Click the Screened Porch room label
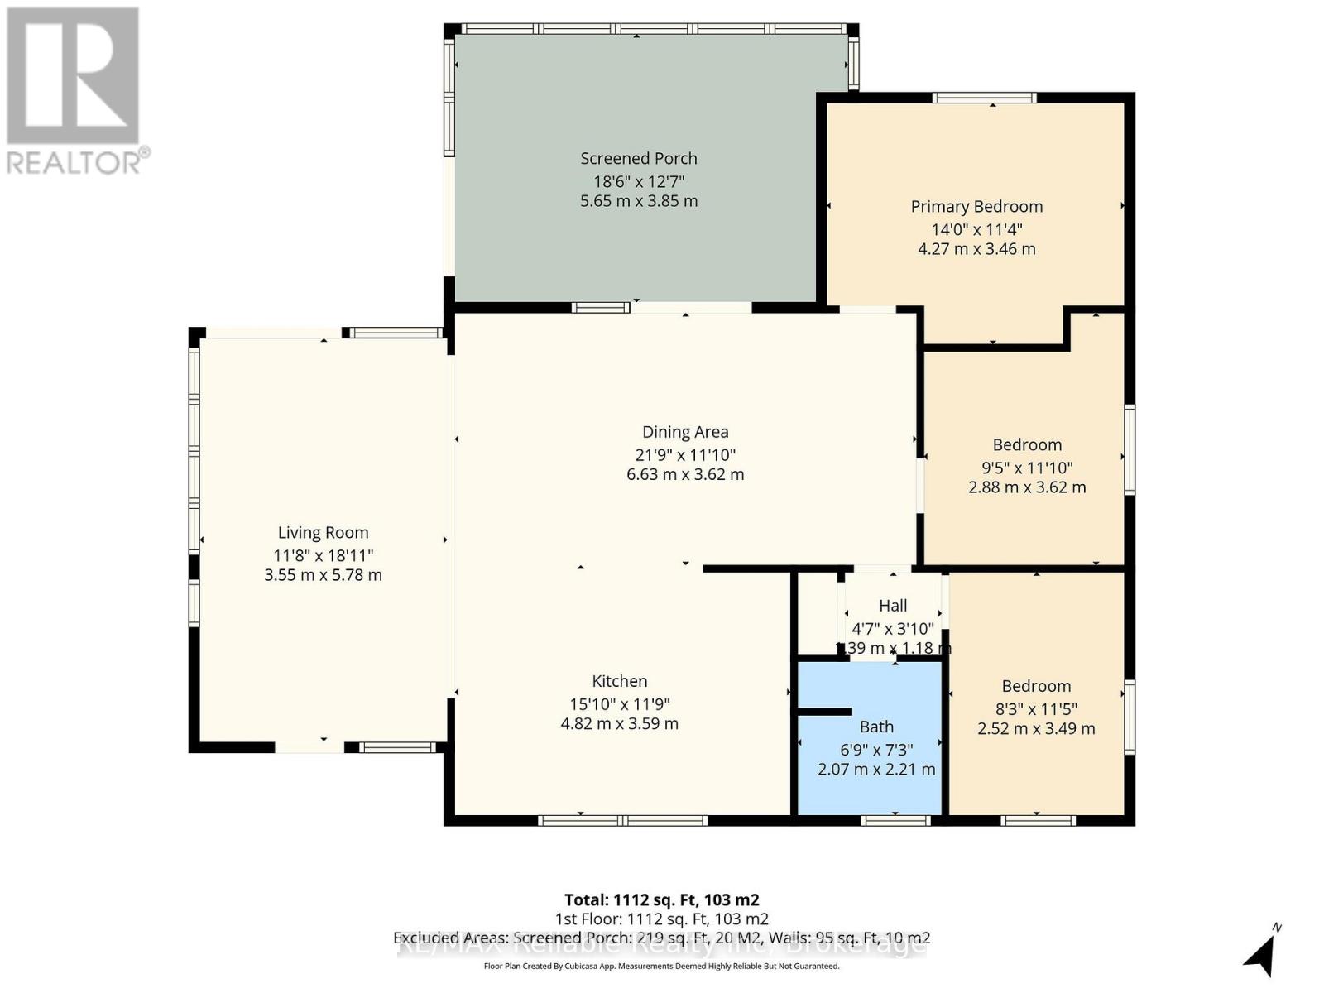tap(638, 158)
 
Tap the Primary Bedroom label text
tap(976, 206)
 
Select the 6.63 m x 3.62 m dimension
tap(685, 474)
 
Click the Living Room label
tap(323, 533)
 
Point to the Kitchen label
tap(619, 681)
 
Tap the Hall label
tap(893, 606)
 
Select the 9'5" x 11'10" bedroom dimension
tap(1027, 468)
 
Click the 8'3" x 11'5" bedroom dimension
tap(1036, 709)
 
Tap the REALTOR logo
tap(74, 91)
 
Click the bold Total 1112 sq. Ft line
tap(661, 899)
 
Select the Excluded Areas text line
tap(661, 938)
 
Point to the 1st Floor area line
tap(661, 919)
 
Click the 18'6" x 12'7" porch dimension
tap(638, 181)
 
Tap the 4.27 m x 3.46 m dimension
tap(976, 249)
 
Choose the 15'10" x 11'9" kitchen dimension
tap(619, 704)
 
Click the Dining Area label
tap(685, 432)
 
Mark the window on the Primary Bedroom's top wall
tap(984, 98)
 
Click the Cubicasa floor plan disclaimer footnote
tap(661, 966)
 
